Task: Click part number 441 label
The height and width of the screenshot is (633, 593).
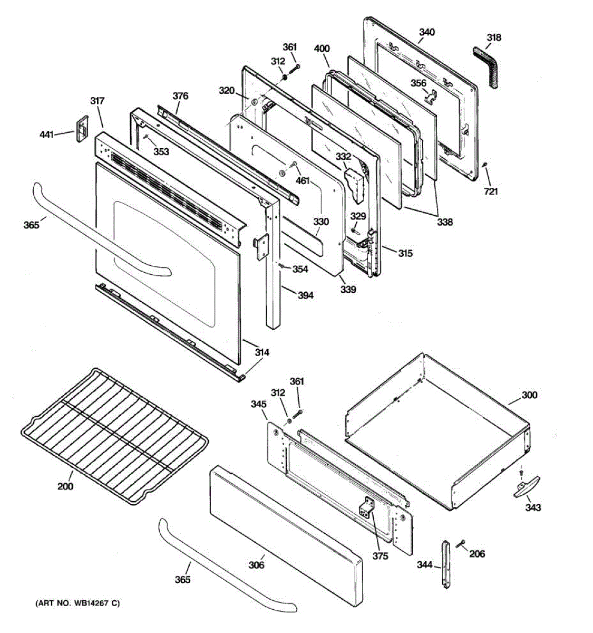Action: click(47, 135)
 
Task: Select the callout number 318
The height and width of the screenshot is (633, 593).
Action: click(494, 37)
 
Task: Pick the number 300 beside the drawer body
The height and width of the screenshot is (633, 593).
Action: click(530, 395)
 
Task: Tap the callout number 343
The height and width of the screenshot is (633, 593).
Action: click(533, 507)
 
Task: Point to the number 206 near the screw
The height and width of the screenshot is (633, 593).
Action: click(477, 554)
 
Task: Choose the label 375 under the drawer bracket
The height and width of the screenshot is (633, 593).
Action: click(380, 556)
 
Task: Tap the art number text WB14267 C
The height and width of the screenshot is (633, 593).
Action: click(77, 603)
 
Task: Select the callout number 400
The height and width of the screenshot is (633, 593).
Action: click(322, 49)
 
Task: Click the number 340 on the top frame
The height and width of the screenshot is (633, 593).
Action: click(427, 32)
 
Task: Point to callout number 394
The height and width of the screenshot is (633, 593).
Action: click(305, 295)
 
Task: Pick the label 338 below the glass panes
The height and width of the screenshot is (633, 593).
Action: click(445, 222)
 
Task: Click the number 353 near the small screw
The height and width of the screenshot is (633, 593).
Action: click(161, 152)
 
